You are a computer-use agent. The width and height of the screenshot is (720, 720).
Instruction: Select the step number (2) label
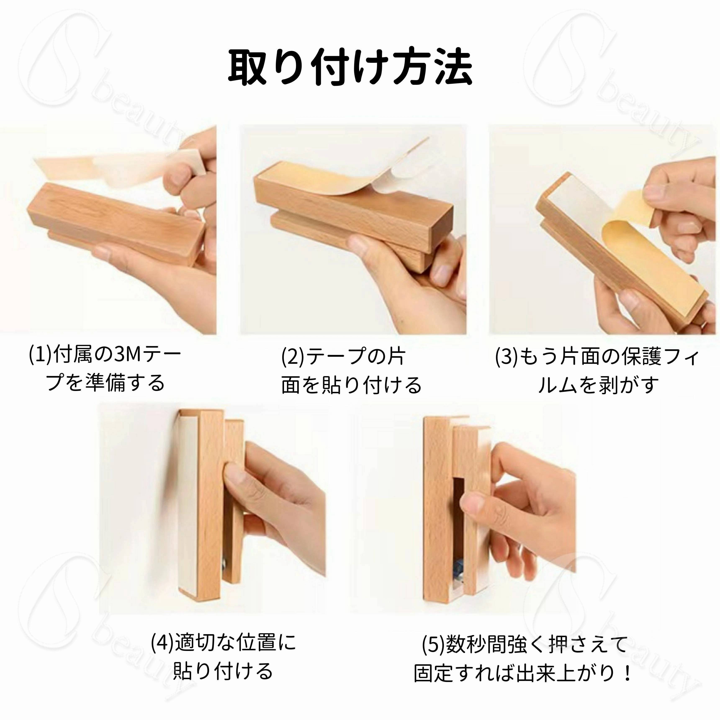(293, 357)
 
